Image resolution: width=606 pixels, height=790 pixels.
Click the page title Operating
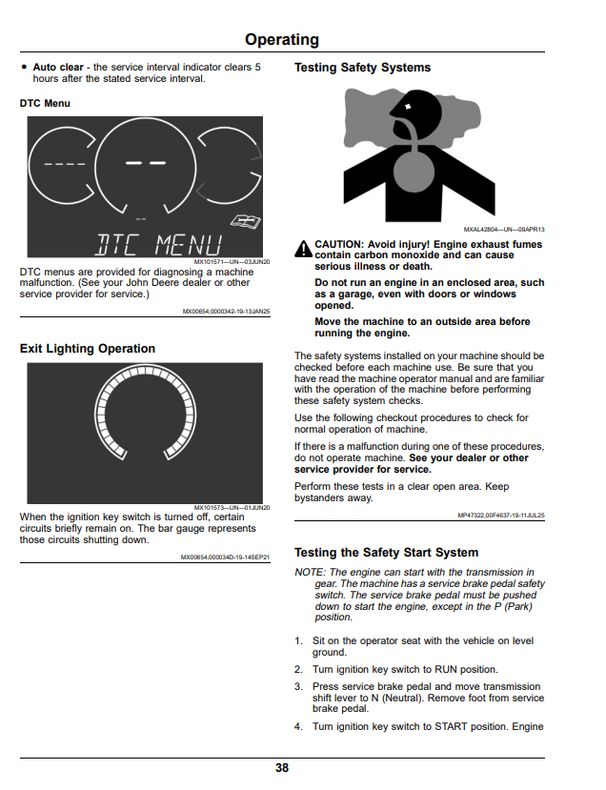point(282,40)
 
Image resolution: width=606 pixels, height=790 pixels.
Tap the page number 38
point(282,768)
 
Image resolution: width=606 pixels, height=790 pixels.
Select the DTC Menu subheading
point(45,103)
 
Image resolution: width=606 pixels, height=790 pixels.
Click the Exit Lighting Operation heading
point(88,349)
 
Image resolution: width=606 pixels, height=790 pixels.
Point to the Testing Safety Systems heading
point(363,68)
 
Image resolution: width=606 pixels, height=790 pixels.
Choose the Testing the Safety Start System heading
point(386,553)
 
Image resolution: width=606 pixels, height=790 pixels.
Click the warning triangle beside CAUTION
point(303,249)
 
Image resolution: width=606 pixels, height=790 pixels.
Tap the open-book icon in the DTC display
point(246,221)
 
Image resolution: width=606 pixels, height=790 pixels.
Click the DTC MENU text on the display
point(158,245)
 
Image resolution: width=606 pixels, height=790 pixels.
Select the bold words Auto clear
point(58,67)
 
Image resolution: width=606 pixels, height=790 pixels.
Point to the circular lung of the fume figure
point(414,171)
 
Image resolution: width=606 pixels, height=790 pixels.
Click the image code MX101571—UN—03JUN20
point(232,262)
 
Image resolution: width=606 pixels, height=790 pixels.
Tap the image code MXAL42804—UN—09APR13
point(504,230)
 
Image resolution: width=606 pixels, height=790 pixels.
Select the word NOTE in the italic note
point(310,573)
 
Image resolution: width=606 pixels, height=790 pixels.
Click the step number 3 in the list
point(298,687)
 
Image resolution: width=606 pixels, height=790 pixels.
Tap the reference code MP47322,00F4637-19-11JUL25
point(501,516)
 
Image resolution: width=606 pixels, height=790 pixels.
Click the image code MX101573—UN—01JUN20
point(232,508)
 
